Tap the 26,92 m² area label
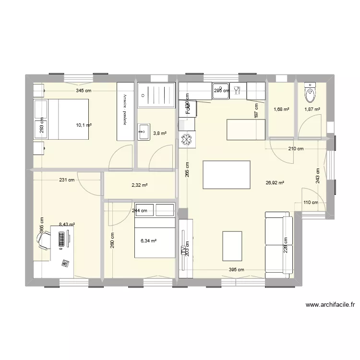click(275, 182)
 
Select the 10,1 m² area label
click(84, 126)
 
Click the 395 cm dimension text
click(236, 269)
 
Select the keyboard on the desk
click(61, 239)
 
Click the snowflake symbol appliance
click(186, 141)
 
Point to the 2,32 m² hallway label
click(140, 185)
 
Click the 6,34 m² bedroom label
click(148, 241)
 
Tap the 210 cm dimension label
click(296, 149)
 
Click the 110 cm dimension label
click(311, 202)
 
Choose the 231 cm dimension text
click(67, 180)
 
